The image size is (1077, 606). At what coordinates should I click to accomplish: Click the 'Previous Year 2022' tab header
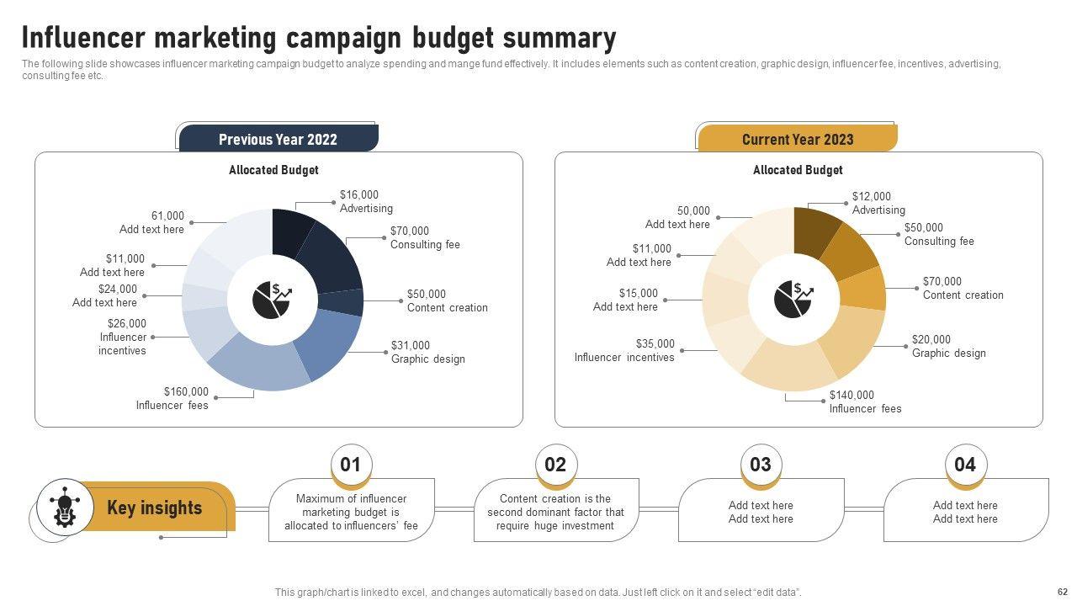pos(278,139)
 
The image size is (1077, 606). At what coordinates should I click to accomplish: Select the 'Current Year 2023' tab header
pos(797,139)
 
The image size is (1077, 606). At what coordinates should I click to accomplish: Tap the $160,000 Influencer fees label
pos(172,398)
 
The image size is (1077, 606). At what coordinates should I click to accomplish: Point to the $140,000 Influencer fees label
pos(865,401)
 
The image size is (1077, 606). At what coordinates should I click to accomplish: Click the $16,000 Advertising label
pos(366,201)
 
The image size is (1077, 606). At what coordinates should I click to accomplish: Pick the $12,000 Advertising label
pos(878,203)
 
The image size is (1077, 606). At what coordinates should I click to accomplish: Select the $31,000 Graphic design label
pos(427,352)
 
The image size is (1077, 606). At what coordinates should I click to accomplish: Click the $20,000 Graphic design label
pos(948,346)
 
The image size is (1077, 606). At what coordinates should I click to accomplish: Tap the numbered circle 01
pos(350,465)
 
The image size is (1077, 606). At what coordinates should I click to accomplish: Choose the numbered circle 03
pos(760,465)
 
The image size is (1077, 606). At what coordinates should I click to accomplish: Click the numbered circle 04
pos(964,465)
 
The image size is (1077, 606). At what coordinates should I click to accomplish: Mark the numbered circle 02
pos(555,465)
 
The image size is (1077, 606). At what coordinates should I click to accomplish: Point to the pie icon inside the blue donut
pos(272,300)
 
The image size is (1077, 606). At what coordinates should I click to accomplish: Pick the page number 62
pos(1061,592)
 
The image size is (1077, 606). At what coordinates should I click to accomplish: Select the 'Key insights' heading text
pos(155,508)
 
